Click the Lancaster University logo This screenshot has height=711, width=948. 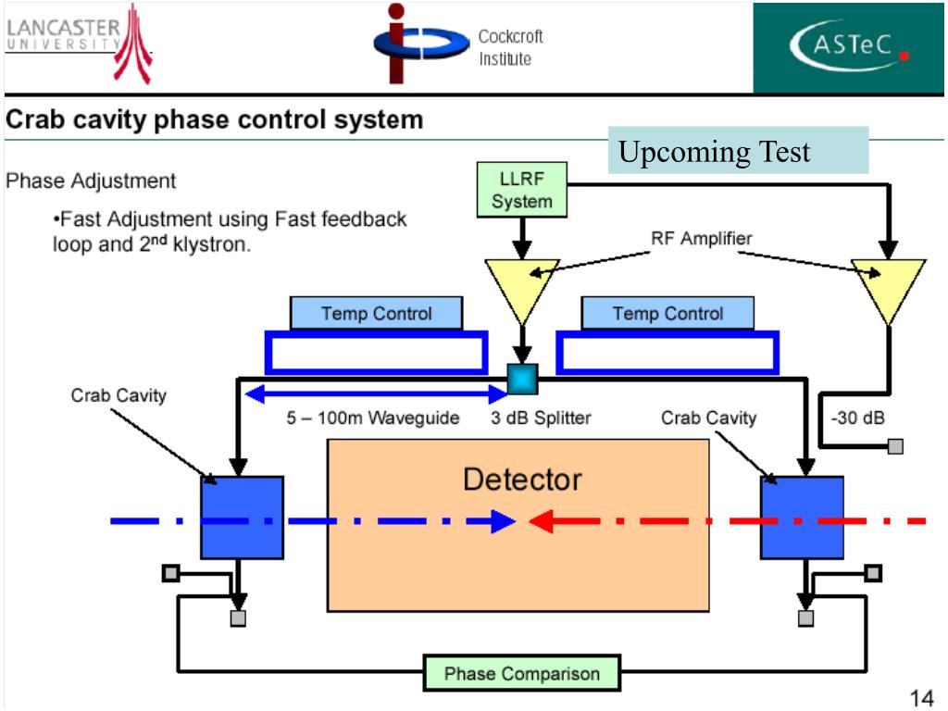(79, 44)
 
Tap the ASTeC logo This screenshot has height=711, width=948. (848, 47)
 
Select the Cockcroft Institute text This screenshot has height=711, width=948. (510, 47)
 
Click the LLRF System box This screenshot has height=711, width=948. (522, 190)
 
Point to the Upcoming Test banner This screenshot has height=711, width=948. (738, 151)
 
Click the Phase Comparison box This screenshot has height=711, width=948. (522, 673)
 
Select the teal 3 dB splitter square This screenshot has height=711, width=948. (522, 379)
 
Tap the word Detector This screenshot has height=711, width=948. (522, 480)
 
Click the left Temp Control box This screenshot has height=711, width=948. (376, 313)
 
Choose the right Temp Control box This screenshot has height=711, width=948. (667, 313)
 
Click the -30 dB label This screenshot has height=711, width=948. (858, 418)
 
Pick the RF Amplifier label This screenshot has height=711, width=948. (702, 238)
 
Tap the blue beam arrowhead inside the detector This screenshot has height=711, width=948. (502, 521)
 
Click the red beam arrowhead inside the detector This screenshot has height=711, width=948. (542, 521)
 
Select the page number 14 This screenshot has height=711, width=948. (921, 698)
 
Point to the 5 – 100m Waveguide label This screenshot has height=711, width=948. (372, 418)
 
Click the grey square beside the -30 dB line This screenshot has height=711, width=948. (895, 447)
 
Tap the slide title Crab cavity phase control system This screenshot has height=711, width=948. (214, 119)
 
